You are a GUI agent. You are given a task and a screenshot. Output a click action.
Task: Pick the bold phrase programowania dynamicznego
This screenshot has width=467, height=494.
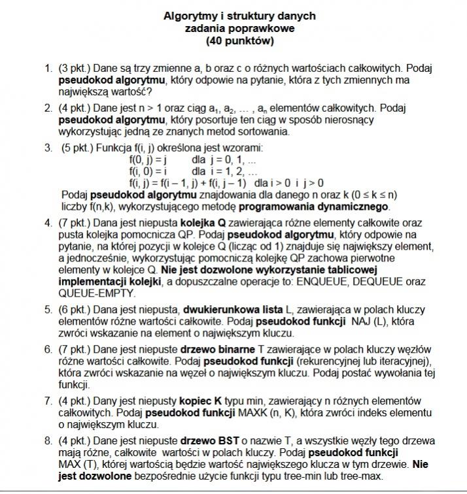pyautogui.click(x=315, y=206)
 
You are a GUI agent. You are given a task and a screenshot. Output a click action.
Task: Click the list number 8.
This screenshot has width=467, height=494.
pyautogui.click(x=48, y=440)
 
